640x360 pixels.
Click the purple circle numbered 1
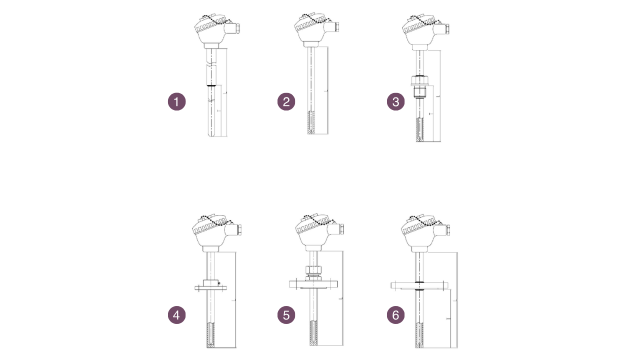click(176, 102)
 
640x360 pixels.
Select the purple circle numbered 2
click(286, 102)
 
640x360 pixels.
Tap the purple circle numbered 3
click(395, 102)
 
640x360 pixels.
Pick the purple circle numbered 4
click(176, 315)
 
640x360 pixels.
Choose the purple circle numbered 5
click(286, 315)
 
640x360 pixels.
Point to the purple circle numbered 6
click(395, 315)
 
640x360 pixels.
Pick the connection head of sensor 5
click(315, 233)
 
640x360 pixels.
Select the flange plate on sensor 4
click(212, 286)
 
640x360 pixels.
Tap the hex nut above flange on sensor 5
click(313, 271)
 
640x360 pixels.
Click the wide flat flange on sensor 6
click(419, 285)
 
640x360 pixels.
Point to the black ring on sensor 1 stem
click(212, 85)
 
